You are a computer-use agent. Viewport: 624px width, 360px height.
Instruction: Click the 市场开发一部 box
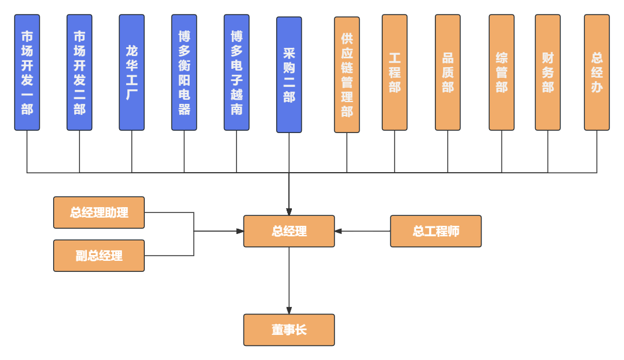click(x=27, y=72)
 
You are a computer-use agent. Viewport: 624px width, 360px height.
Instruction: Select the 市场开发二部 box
click(x=79, y=72)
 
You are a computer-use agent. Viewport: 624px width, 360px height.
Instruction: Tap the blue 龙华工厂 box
click(x=132, y=72)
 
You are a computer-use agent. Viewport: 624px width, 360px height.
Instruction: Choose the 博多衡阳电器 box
click(x=184, y=72)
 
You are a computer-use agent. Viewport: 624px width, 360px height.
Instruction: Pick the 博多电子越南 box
click(x=236, y=72)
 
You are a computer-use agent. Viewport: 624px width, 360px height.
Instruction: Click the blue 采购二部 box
click(x=289, y=75)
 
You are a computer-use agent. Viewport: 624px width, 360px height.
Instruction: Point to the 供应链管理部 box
click(x=347, y=75)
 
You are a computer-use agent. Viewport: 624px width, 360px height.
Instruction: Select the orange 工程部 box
click(x=395, y=72)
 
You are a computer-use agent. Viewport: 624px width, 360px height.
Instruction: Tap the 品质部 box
click(x=448, y=72)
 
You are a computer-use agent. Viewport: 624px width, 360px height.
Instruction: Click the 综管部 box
click(x=501, y=72)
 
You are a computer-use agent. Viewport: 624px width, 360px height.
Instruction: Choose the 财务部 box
click(x=548, y=72)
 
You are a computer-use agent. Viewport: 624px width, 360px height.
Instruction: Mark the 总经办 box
click(x=597, y=72)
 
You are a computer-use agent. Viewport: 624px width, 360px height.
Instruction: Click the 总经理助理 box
click(x=99, y=212)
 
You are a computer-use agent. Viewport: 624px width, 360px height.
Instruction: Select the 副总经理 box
click(x=99, y=256)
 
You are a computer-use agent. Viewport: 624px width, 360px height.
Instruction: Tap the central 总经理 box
click(x=289, y=231)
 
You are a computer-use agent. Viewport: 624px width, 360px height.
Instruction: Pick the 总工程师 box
click(x=436, y=231)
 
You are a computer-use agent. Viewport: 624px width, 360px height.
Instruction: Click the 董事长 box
click(x=289, y=330)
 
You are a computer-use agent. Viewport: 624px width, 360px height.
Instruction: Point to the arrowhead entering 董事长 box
click(x=289, y=311)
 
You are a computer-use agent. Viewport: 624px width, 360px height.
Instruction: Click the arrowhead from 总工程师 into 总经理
click(x=339, y=231)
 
